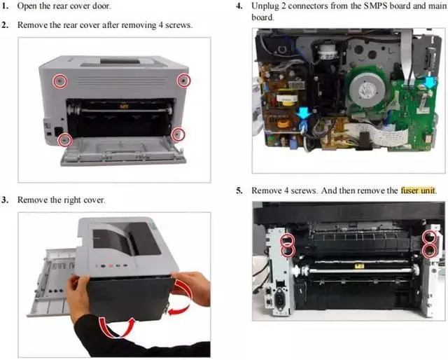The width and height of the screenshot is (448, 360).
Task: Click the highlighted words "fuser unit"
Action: pos(418,190)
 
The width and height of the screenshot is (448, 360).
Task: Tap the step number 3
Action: pos(4,200)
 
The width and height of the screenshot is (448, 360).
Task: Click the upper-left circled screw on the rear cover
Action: pos(60,81)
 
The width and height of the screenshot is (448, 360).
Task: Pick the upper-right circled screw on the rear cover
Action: pos(183,81)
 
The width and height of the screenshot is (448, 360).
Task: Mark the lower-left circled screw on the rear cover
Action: pos(65,140)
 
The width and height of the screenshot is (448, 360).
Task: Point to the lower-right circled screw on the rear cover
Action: pos(178,134)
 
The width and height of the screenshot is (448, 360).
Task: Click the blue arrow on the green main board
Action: pos(430,83)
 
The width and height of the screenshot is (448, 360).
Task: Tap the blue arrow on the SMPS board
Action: pos(303,113)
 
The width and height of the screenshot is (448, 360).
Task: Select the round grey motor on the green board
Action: pos(367,88)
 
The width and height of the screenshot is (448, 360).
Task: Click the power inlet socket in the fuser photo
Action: pos(279,300)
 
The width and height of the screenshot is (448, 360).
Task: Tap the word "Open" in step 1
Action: pos(27,6)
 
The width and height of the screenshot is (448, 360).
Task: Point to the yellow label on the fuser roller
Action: pos(358,266)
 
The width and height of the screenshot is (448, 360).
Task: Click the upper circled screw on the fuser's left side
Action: pos(288,240)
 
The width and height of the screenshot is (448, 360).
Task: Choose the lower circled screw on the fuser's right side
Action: pos(430,251)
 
